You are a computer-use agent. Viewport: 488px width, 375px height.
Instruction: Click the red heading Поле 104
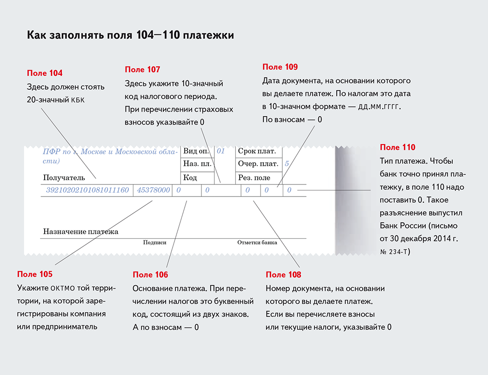(45, 73)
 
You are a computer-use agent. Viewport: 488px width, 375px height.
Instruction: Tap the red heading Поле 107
(142, 70)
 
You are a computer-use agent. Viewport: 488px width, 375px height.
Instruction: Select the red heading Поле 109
(280, 67)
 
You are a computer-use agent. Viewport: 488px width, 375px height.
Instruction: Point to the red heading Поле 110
(397, 147)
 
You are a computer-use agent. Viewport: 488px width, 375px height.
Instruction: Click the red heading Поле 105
(35, 274)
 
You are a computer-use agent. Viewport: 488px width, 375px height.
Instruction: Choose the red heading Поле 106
(150, 275)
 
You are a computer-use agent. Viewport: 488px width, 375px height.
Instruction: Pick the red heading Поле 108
(283, 275)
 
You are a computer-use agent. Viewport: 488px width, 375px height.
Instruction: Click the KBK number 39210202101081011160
(87, 190)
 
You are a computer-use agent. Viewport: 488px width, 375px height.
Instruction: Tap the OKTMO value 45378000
(154, 190)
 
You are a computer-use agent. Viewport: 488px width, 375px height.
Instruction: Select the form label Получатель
(64, 178)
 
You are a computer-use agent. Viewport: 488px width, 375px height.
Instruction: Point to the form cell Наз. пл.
(197, 164)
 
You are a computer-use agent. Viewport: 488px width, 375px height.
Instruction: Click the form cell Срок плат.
(257, 151)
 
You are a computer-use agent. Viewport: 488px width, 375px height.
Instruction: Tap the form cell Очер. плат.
(258, 164)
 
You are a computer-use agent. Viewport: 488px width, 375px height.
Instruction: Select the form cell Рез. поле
(254, 178)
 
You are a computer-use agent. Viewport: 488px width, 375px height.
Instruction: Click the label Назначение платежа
(80, 231)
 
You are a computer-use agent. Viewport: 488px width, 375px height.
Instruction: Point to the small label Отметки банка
(257, 243)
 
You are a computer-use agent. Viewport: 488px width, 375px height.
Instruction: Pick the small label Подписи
(154, 243)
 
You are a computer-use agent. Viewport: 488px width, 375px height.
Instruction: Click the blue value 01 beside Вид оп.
(221, 151)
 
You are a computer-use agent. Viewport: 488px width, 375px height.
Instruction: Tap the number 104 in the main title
(145, 35)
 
